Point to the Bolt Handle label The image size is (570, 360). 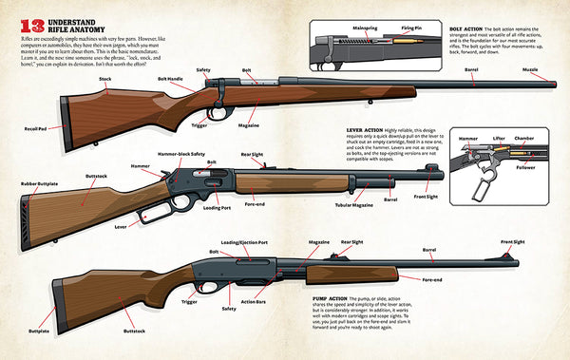click(169, 79)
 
